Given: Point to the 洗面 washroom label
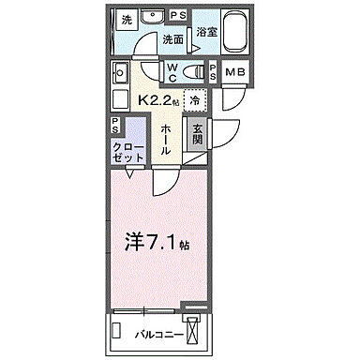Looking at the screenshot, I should click(172, 40).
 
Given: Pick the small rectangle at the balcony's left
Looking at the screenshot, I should click(117, 329).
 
